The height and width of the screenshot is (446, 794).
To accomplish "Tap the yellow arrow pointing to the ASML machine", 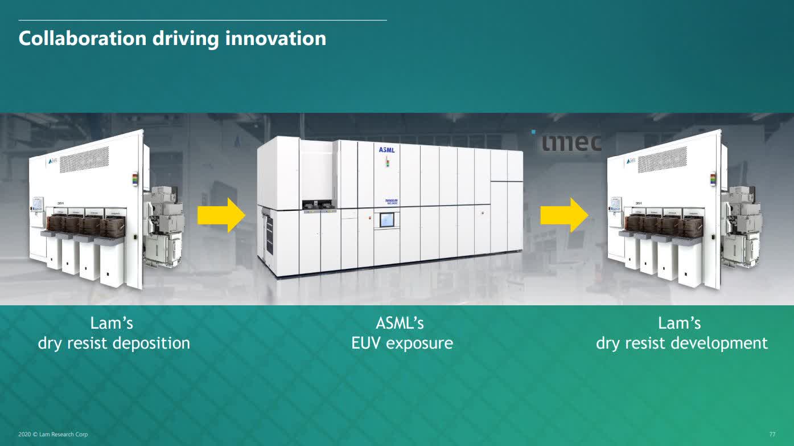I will (221, 215).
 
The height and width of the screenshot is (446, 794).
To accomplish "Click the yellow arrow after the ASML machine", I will (563, 215).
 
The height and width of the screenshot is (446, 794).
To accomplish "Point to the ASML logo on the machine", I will (386, 150).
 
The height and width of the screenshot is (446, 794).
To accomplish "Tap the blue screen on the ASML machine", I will (386, 220).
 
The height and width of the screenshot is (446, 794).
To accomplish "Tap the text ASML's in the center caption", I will (400, 323).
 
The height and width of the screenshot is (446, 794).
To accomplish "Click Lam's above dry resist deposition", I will (112, 323).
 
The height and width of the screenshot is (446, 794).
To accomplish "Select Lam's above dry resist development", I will (679, 323).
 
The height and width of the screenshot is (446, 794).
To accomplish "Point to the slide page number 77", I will (772, 435).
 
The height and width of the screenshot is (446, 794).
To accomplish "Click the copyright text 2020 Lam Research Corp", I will (54, 435).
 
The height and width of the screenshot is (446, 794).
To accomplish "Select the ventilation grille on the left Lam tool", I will (84, 159).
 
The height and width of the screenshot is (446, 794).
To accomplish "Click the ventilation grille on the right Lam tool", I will (661, 160).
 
